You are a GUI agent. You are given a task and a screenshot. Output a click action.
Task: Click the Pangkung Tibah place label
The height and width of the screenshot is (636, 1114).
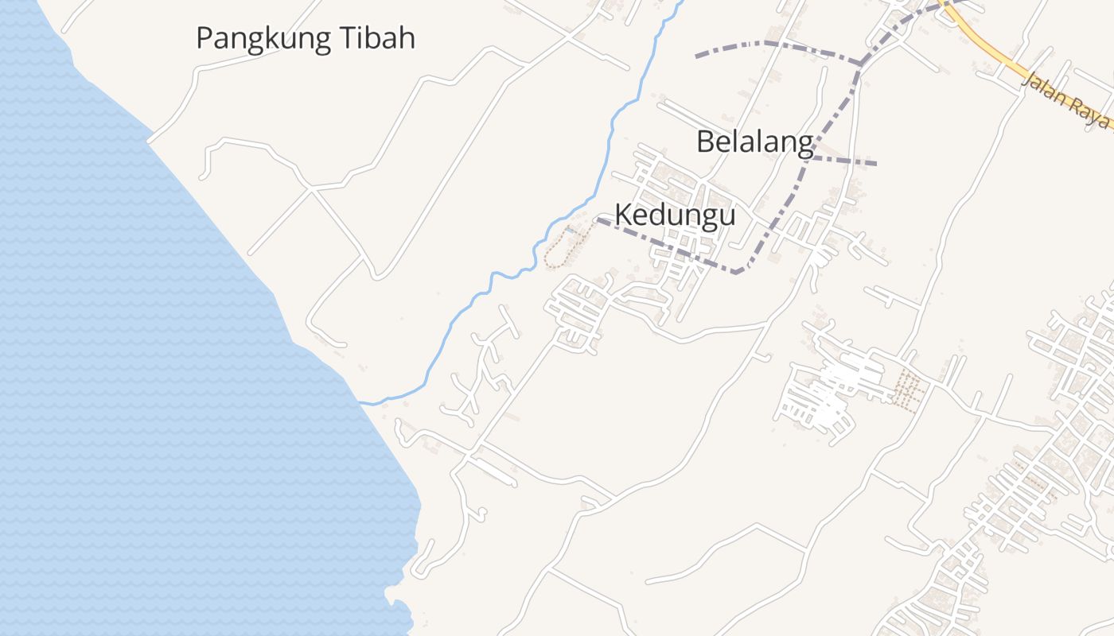(x=306, y=38)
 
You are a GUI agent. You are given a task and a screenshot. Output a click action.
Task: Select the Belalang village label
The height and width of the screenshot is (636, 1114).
(x=754, y=142)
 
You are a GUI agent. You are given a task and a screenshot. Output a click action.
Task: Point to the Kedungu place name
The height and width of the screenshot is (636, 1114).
(x=675, y=215)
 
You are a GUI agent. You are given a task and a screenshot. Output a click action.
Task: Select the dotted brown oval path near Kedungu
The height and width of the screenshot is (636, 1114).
(x=561, y=248)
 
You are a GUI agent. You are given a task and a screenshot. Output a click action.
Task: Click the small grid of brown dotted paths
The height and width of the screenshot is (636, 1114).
(x=908, y=390)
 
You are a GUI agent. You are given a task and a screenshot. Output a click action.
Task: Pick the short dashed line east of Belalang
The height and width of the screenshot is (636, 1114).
(x=843, y=161)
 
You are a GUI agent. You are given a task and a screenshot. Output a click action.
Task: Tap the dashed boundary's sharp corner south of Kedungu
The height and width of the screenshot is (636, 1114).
(x=738, y=273)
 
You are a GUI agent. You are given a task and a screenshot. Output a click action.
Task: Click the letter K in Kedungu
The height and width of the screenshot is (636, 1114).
(x=624, y=215)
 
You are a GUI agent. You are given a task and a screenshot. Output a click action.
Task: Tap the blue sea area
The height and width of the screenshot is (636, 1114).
(x=119, y=358)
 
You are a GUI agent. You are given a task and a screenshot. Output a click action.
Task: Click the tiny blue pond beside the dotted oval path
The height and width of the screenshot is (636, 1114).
(x=570, y=231)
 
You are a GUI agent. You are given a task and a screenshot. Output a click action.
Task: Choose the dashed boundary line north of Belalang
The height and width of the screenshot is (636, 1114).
(x=764, y=44)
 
